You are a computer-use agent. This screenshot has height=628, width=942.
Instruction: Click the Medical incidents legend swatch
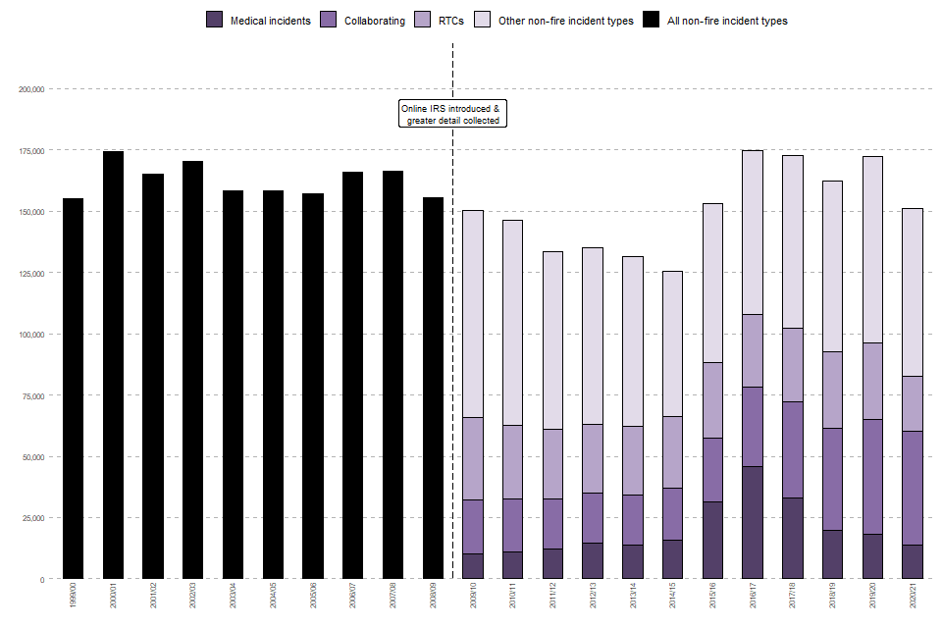coord(215,20)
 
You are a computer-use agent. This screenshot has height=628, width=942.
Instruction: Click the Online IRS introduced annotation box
coord(452,114)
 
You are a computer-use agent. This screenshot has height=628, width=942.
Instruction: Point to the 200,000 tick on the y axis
coord(31,89)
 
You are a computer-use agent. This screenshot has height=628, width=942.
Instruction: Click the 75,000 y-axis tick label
coord(33,395)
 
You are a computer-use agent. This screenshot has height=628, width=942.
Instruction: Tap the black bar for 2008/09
coord(433,388)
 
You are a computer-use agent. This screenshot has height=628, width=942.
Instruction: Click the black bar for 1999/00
coord(74,389)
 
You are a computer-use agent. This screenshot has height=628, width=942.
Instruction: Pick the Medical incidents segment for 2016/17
coord(753,523)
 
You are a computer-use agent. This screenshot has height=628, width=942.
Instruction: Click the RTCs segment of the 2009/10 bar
coord(473,458)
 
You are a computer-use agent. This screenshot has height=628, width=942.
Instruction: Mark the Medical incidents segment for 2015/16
coord(712,541)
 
